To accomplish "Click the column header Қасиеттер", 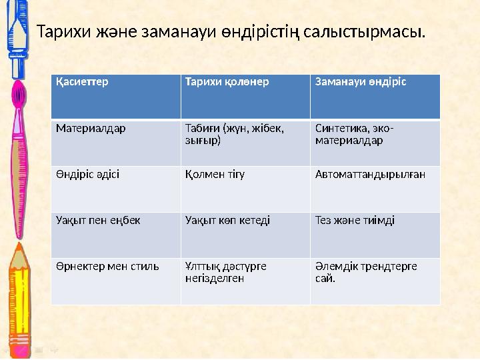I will pos(82,81).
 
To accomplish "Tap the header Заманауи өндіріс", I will pos(361,81).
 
